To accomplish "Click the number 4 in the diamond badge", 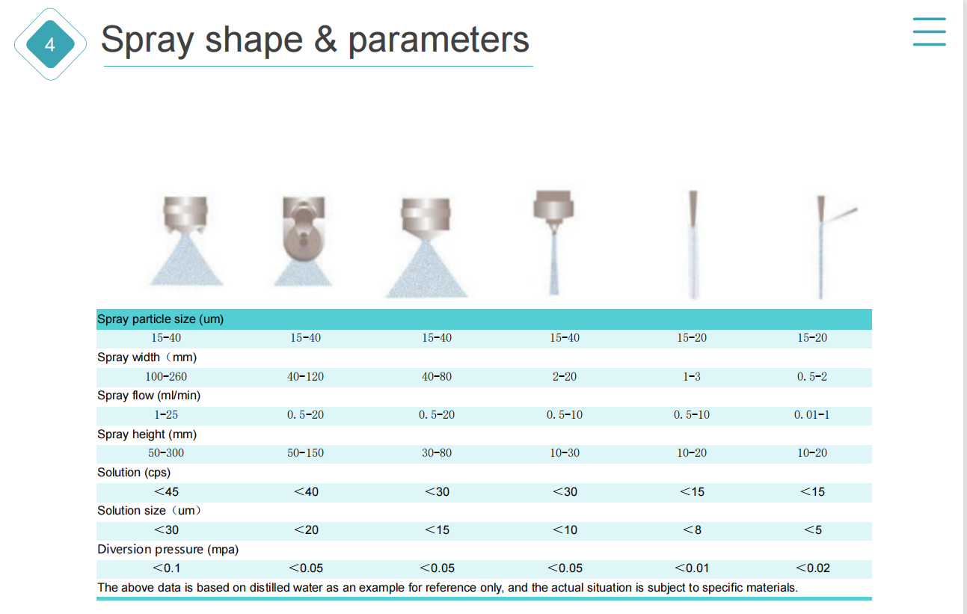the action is [x=50, y=44].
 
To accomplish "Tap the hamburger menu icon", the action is [x=929, y=31].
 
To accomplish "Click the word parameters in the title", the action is [x=438, y=40].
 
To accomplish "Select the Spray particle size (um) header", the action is [x=160, y=319].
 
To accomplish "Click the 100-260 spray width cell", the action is [x=166, y=376].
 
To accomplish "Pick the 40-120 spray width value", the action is [x=306, y=376].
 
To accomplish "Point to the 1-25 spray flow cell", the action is [x=166, y=415].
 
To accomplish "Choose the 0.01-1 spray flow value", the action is [x=812, y=415].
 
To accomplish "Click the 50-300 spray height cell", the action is [x=166, y=453].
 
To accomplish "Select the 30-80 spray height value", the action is [x=437, y=453].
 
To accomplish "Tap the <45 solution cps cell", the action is [x=167, y=491].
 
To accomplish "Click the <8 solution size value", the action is [x=692, y=529].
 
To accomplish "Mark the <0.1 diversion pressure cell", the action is [x=166, y=568].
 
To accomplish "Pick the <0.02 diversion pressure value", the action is [x=813, y=568].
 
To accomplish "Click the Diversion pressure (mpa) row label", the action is [x=168, y=549].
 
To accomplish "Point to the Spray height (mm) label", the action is [x=147, y=434].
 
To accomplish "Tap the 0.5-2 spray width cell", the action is [x=812, y=376].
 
